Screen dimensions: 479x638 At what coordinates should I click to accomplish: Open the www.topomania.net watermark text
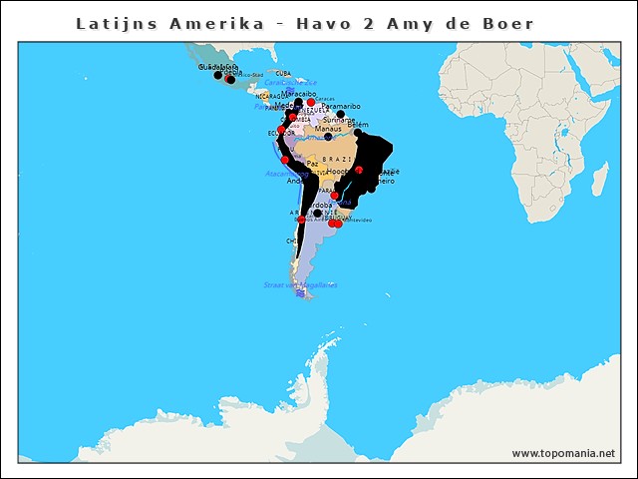pos(563,453)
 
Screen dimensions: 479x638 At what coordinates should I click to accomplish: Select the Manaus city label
pos(327,129)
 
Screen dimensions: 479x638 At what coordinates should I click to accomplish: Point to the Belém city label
pos(358,125)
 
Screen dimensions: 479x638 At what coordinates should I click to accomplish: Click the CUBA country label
pos(283,73)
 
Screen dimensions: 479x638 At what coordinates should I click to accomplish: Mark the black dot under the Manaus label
pos(328,137)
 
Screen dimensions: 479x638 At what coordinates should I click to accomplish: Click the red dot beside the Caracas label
pos(311,102)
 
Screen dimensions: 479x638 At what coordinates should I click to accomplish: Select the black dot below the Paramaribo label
pos(340,113)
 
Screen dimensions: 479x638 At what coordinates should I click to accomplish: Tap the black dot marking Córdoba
pos(317,213)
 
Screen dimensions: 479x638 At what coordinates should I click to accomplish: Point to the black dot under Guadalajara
pos(218,75)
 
